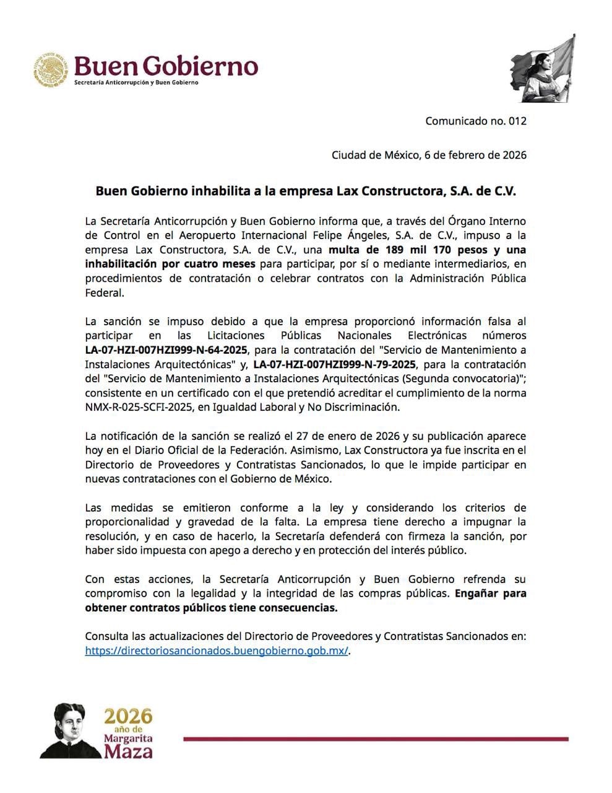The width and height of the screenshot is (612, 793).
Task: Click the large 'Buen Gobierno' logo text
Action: [165, 65]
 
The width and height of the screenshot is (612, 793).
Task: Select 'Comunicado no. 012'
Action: [475, 121]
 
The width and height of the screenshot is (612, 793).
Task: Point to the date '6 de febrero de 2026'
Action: [475, 155]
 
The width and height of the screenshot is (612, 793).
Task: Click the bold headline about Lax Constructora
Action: [305, 191]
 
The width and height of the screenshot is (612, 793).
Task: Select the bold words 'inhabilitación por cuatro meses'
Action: [170, 264]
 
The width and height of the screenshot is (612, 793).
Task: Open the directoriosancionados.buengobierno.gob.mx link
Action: [217, 651]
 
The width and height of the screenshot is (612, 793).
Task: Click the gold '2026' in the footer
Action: [128, 716]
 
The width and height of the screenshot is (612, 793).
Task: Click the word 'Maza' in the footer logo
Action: [128, 752]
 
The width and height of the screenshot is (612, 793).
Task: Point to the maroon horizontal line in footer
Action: [376, 738]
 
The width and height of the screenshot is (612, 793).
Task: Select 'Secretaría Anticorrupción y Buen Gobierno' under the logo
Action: [136, 82]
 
